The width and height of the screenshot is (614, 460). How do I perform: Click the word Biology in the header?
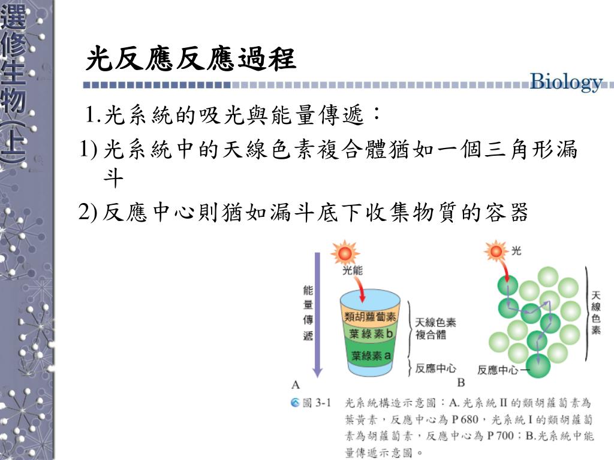tap(566, 82)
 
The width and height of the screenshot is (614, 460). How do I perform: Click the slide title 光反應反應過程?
tap(191, 59)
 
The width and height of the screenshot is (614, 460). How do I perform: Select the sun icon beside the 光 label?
tap(496, 250)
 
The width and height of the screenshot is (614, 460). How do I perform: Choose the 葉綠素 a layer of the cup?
tap(371, 355)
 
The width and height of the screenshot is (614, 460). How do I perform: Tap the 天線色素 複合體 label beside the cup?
tap(435, 328)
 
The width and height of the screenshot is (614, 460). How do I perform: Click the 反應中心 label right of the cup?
tap(436, 368)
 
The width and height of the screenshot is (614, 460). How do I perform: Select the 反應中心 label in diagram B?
tap(500, 370)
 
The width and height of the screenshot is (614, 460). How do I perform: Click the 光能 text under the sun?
tap(353, 270)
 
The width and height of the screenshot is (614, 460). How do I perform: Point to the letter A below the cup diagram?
tap(296, 384)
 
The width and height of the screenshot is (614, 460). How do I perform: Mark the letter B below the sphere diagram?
tap(460, 382)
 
